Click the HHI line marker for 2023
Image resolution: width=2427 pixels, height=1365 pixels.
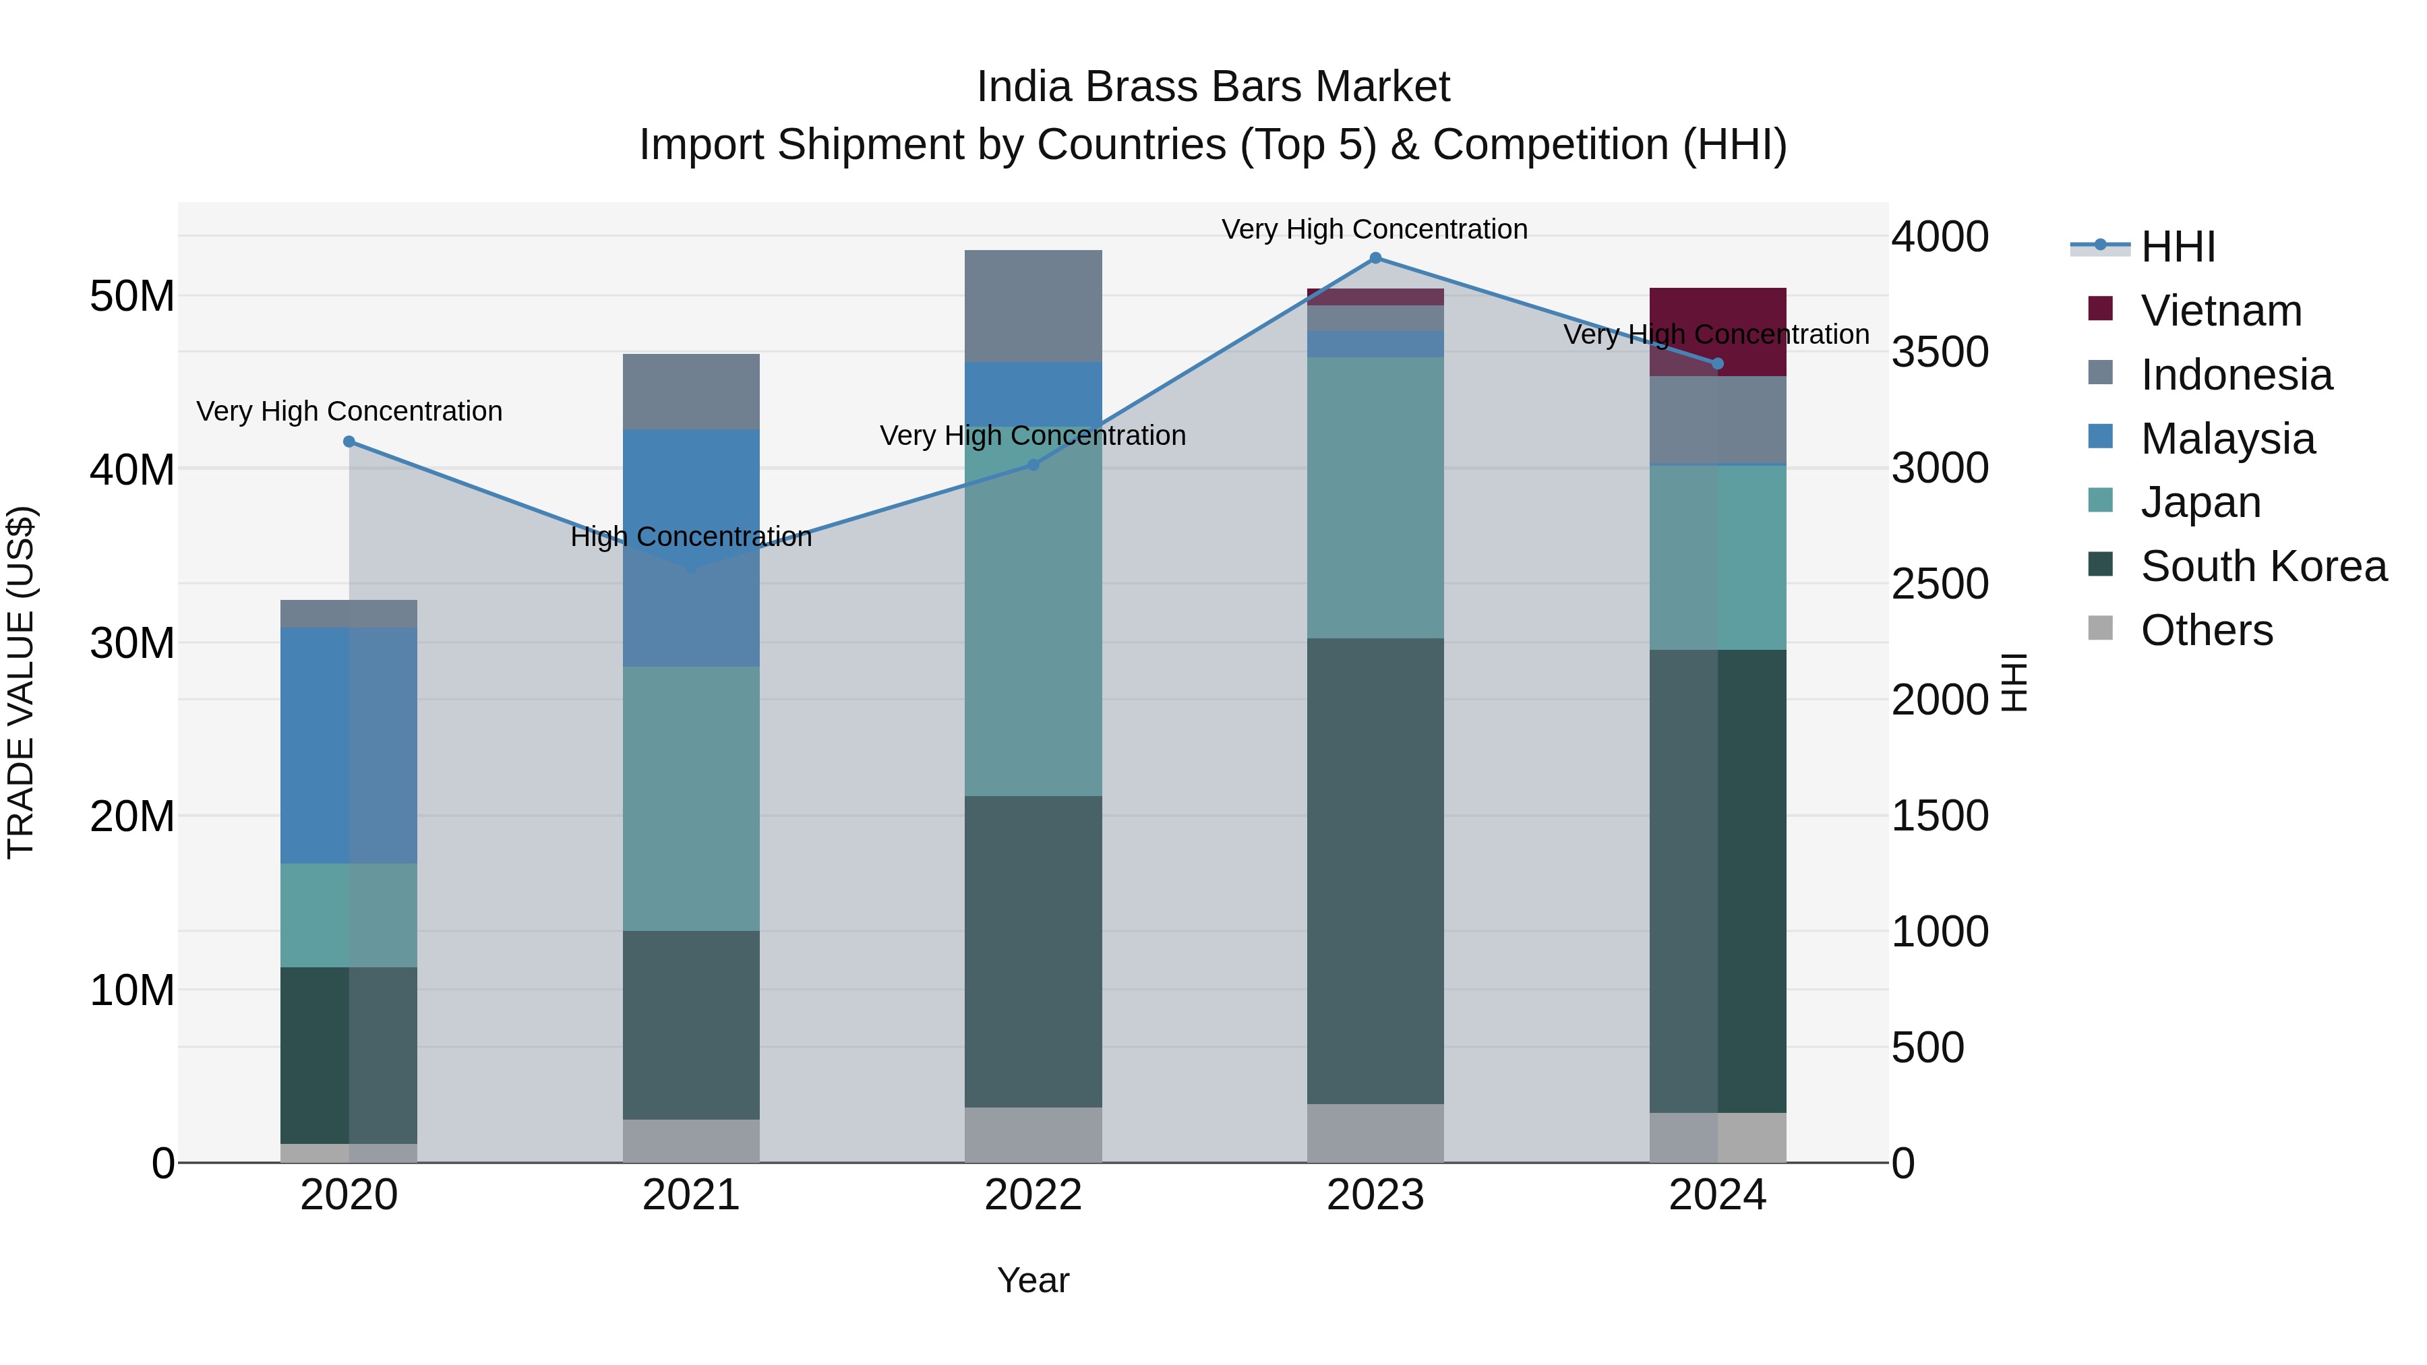point(1375,258)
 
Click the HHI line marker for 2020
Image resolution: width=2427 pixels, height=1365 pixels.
point(349,442)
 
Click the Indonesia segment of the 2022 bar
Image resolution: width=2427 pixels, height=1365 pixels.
point(1033,306)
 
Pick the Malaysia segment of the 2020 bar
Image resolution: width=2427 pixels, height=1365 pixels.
point(349,745)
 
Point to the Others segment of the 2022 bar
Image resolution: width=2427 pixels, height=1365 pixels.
point(1033,1134)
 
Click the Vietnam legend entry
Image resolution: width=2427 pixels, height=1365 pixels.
point(2220,311)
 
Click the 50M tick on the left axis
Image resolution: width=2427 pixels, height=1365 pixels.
point(132,297)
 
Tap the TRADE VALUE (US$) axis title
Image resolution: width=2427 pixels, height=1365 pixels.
point(21,682)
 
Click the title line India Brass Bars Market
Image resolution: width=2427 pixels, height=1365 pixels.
point(1213,87)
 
